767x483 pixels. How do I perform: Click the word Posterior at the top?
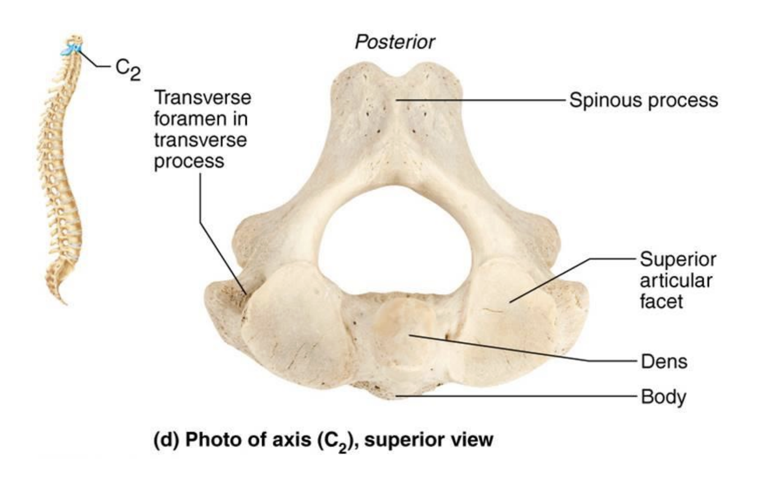point(394,42)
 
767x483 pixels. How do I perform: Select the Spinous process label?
point(643,100)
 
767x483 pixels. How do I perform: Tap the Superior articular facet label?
point(678,280)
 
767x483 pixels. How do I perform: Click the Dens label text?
point(664,361)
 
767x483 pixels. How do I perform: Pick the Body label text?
point(664,397)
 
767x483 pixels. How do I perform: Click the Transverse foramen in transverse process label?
point(202,129)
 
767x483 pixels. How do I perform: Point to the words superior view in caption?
point(429,440)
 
